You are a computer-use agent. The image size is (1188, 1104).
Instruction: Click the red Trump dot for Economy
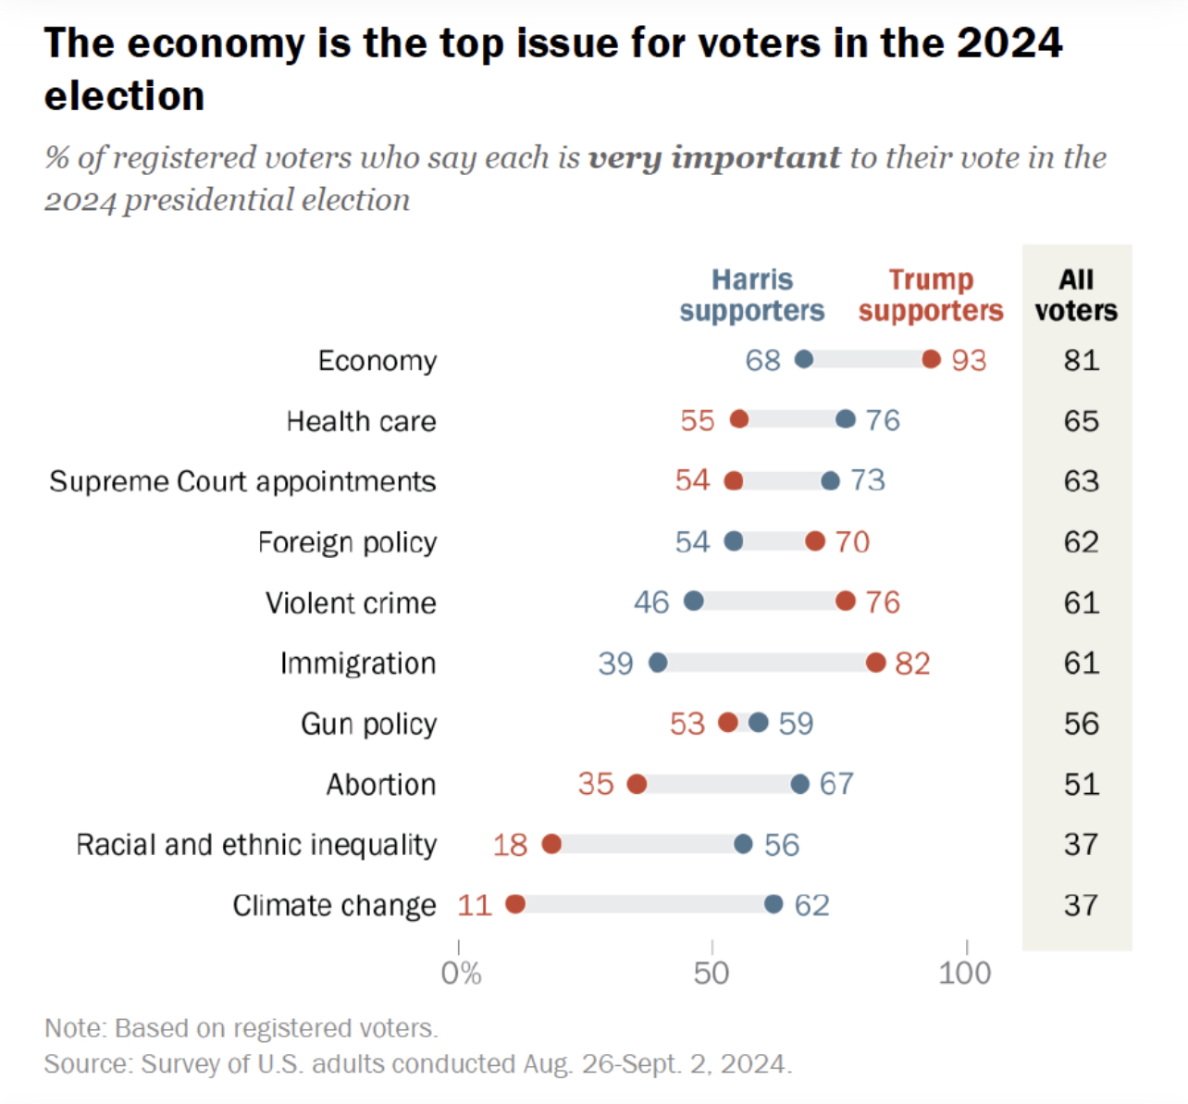[931, 359]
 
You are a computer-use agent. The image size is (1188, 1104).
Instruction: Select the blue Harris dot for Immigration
[658, 663]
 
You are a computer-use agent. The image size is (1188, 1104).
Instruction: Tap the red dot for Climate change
[515, 904]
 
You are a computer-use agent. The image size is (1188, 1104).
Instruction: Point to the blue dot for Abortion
[800, 784]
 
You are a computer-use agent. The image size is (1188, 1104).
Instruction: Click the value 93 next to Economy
[969, 360]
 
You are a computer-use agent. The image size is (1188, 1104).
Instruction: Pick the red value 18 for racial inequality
[510, 845]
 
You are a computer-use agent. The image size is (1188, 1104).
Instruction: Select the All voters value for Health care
[1081, 421]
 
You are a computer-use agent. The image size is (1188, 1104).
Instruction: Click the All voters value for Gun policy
[1081, 724]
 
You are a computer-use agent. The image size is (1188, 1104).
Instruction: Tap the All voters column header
[1076, 294]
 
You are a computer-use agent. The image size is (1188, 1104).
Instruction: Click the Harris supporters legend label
[751, 294]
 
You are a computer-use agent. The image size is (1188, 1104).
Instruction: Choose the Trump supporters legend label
[930, 294]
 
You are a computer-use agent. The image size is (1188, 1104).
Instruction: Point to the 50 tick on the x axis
[712, 973]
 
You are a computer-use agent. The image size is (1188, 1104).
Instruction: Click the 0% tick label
[461, 973]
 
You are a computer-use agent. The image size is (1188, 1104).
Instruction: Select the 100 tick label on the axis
[964, 973]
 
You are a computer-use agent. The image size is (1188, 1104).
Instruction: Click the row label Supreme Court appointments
[242, 481]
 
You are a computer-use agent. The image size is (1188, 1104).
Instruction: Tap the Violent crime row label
[351, 602]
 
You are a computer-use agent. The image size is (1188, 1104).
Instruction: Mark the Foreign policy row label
[347, 542]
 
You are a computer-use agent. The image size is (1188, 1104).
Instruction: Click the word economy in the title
[216, 43]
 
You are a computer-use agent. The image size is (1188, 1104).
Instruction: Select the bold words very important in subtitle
[714, 157]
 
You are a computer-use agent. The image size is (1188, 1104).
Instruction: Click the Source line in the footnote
[417, 1064]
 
